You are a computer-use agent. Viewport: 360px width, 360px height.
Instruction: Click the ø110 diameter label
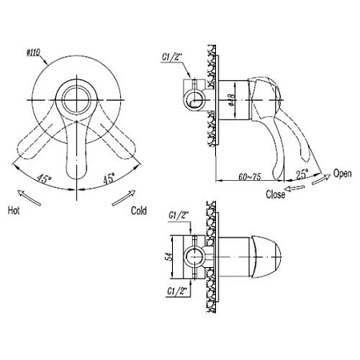pos(33,53)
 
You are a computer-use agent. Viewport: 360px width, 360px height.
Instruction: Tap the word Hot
pos(14,210)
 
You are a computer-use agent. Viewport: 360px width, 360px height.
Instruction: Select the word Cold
pos(138,210)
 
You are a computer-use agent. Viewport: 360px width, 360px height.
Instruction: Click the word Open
pos(342,174)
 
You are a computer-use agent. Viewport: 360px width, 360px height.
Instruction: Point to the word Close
pos(275,194)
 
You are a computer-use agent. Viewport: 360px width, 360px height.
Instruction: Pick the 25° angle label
pos(302,174)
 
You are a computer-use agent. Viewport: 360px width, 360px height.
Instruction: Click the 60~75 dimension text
pos(250,177)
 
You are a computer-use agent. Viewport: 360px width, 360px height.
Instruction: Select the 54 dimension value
pos(168,257)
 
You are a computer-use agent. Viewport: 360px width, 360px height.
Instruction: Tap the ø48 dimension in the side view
pos(231,100)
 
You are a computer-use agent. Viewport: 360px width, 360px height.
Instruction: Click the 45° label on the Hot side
pos(43,178)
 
